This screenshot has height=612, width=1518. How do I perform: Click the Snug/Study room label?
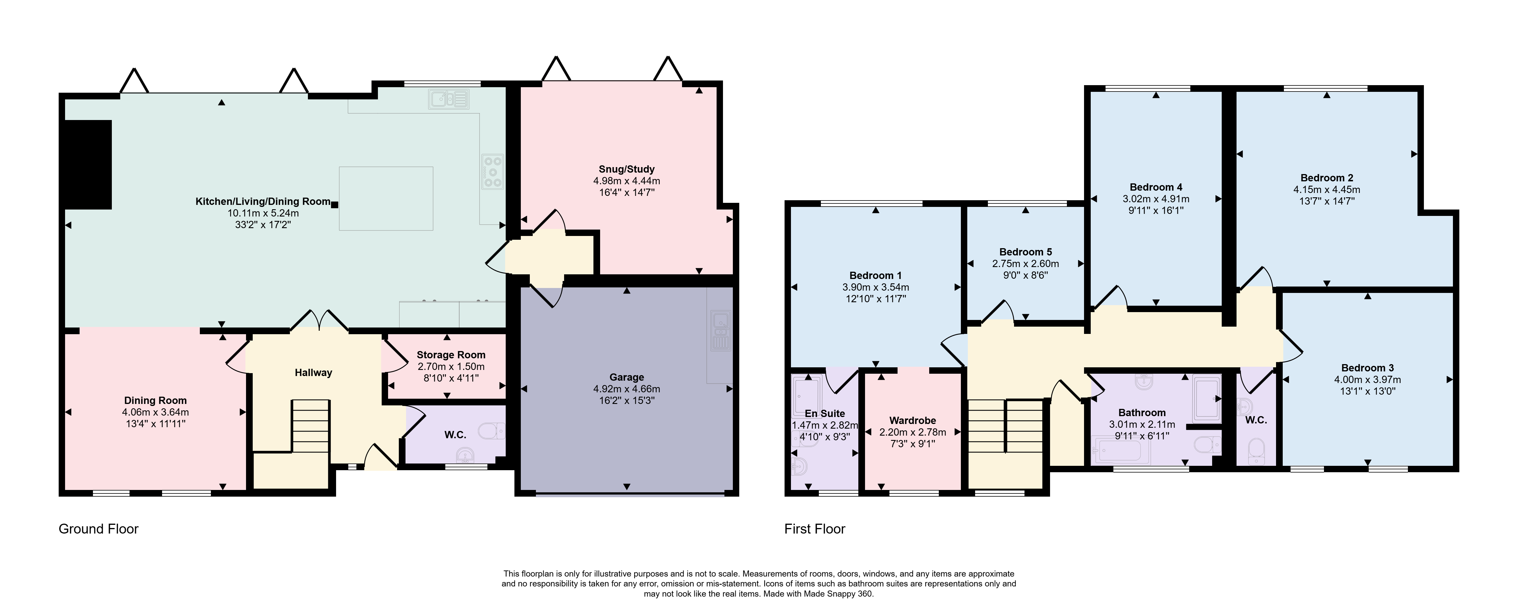(627, 169)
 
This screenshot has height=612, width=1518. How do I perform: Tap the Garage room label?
(627, 377)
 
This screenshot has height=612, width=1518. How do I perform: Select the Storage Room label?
(451, 355)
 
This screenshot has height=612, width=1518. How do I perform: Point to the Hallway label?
(313, 373)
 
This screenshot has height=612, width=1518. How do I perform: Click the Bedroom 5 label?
(1025, 252)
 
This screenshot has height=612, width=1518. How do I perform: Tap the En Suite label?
(825, 413)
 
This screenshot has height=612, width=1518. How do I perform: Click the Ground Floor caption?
(98, 529)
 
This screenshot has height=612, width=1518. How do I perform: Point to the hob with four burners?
(493, 171)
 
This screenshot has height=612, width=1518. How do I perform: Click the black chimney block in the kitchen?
(88, 164)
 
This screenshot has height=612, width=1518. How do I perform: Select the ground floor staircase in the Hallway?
(311, 426)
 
